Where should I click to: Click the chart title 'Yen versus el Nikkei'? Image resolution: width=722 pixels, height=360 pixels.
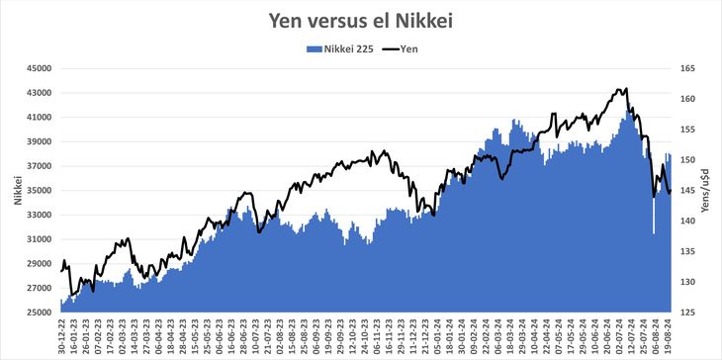(x=361, y=19)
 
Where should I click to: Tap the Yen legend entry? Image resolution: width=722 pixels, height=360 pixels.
(x=402, y=47)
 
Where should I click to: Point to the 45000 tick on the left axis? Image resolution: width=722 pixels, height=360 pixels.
(x=39, y=68)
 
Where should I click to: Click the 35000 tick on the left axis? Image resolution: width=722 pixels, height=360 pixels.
(x=39, y=190)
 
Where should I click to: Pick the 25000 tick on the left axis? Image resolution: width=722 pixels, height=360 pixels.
(x=39, y=313)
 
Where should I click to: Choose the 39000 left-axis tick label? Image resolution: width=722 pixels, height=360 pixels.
(x=39, y=141)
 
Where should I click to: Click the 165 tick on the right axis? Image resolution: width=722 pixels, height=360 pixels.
(x=688, y=68)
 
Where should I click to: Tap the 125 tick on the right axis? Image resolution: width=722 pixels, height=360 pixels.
(x=688, y=313)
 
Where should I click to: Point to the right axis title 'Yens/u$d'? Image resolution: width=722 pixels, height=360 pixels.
(x=708, y=190)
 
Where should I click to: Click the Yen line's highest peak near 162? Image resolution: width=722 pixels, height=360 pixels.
(x=621, y=89)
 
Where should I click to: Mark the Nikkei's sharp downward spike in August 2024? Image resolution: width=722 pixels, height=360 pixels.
(x=653, y=233)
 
